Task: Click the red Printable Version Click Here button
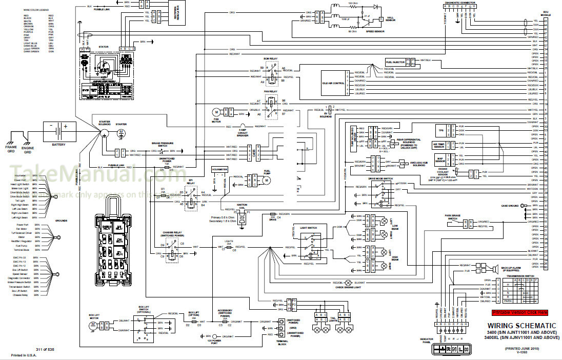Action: pyautogui.click(x=520, y=312)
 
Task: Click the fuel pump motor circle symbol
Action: pyautogui.click(x=266, y=180)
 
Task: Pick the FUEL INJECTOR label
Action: pyautogui.click(x=395, y=62)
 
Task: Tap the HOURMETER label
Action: pyautogui.click(x=219, y=168)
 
